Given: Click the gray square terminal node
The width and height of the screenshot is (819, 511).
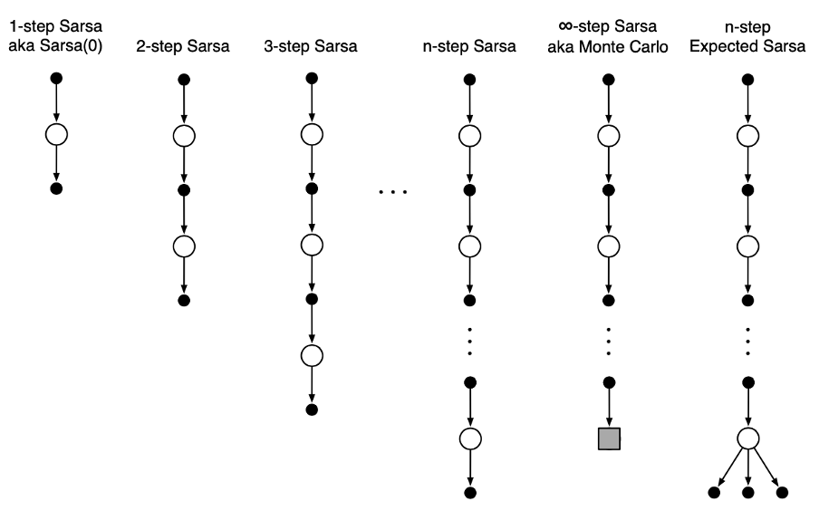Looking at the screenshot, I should [608, 439].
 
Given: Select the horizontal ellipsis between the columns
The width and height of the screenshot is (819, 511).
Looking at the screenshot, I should [391, 192].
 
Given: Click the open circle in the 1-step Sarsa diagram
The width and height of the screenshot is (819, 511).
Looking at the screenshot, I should [56, 136].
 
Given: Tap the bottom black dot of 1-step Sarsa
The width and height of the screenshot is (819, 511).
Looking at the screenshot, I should [56, 189].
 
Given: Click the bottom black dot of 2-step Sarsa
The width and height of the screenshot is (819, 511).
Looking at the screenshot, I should [183, 299].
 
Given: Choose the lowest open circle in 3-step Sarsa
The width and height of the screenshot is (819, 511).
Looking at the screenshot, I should [312, 354].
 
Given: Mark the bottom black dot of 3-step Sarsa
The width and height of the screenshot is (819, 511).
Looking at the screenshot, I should [312, 409].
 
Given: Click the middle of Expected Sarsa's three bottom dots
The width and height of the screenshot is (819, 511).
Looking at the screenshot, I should [748, 493].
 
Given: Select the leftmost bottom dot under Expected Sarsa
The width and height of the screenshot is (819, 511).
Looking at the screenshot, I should [713, 493].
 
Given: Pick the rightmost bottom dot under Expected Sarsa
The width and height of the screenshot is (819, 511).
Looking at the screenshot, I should [783, 493].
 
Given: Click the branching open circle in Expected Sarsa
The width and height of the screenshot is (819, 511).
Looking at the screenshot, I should [748, 439].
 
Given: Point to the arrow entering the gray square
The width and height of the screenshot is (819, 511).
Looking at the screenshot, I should [608, 406].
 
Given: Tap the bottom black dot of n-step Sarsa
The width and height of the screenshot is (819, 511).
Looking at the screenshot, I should [469, 493].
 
